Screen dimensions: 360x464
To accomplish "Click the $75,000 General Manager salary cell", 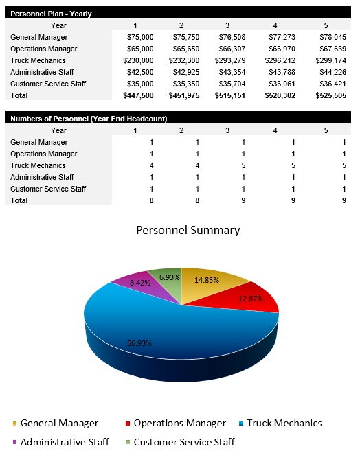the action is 140,37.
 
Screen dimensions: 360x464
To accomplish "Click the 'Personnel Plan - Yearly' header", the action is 52,14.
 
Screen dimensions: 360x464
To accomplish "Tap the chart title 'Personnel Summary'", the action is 188,230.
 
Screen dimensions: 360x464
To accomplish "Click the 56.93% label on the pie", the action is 139,343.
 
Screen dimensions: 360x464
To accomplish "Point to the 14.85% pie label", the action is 207,279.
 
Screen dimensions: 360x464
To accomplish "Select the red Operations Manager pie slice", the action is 254,302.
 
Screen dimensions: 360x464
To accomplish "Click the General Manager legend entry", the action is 58,423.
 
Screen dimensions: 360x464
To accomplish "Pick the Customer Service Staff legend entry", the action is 183,442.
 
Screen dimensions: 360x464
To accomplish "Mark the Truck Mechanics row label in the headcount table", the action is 38,165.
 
